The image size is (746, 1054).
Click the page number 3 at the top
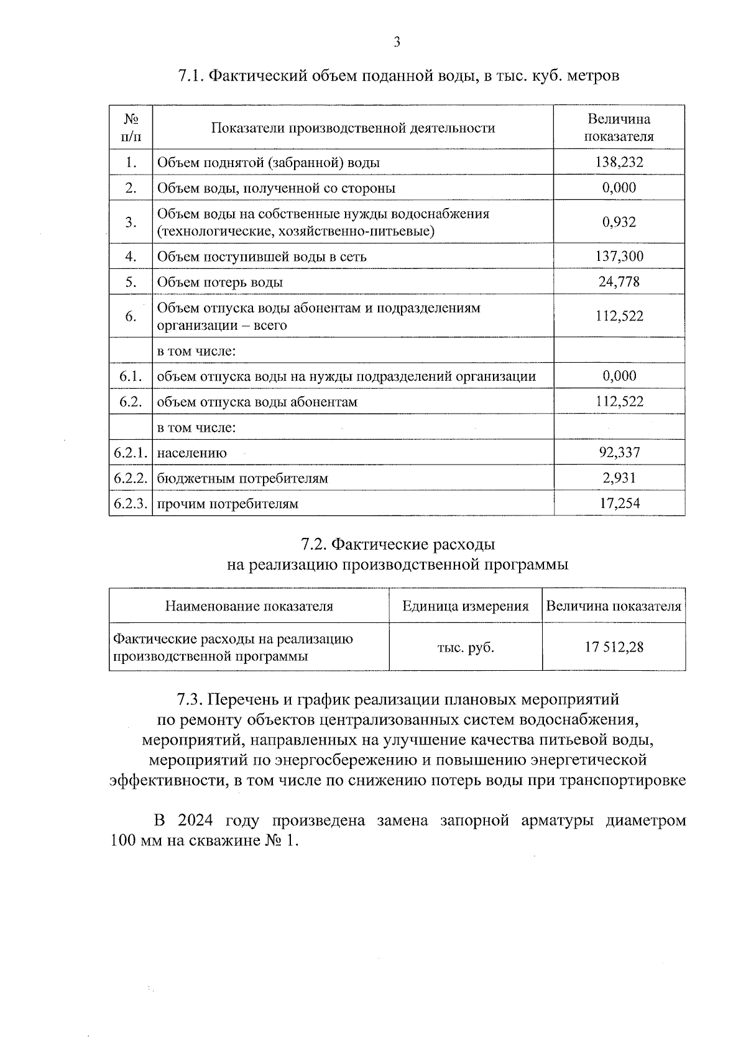(x=397, y=42)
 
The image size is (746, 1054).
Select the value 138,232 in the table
(x=619, y=163)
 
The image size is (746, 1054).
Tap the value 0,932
(x=619, y=222)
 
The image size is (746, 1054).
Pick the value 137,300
(x=619, y=256)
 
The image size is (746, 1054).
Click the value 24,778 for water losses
(x=619, y=282)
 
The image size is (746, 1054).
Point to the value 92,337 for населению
(x=619, y=452)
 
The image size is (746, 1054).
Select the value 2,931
(x=619, y=478)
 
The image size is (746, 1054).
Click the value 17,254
(x=619, y=503)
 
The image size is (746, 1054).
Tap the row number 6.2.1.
(x=131, y=453)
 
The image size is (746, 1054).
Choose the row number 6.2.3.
(x=131, y=504)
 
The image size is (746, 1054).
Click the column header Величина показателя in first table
(x=619, y=127)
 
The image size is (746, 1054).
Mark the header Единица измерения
(x=466, y=606)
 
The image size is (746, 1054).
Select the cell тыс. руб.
(x=466, y=647)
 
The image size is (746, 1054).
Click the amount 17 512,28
(x=614, y=647)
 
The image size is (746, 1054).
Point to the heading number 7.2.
(x=313, y=545)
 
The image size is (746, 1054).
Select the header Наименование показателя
(x=249, y=606)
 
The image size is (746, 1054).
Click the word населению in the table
(x=191, y=453)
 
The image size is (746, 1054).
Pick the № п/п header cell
(x=131, y=127)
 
